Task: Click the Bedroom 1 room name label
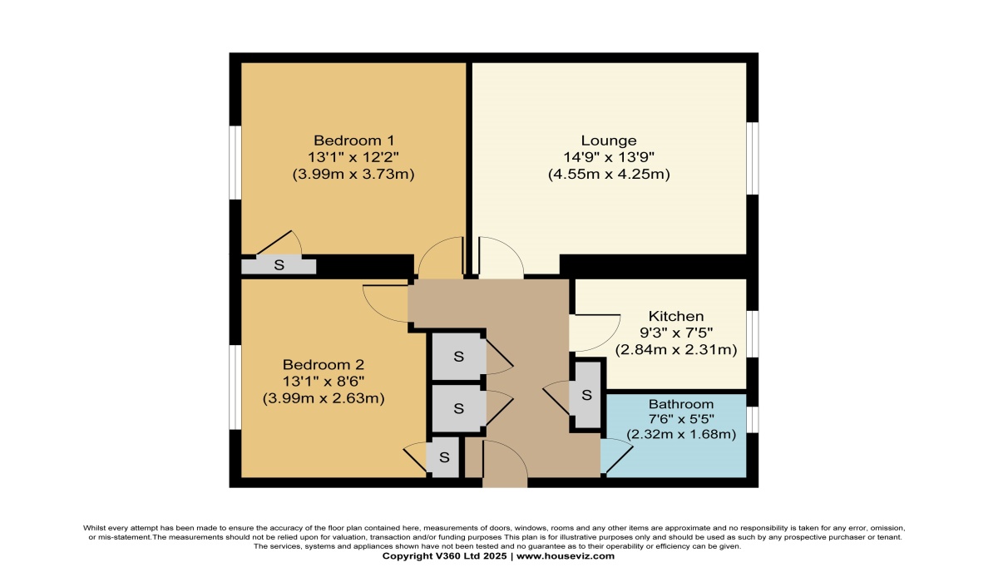pos(353,141)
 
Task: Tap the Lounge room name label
pos(609,141)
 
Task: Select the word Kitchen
pos(676,316)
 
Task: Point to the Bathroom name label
pos(681,404)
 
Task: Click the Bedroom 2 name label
pos(324,365)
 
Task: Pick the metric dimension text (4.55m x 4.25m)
pos(609,174)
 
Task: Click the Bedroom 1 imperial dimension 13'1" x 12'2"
pos(353,157)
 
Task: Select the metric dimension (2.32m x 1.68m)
pos(681,434)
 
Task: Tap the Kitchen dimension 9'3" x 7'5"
pos(676,333)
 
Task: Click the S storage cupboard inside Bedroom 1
pos(279,265)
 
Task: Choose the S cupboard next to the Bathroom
pos(586,395)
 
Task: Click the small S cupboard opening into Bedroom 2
pos(444,457)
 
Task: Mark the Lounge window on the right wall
pos(752,159)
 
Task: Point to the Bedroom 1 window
pos(235,162)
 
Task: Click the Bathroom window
pos(752,420)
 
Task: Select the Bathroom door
pos(616,456)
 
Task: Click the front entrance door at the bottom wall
pos(505,463)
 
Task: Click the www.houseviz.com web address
pos(566,556)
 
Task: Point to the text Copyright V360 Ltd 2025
pos(444,556)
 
